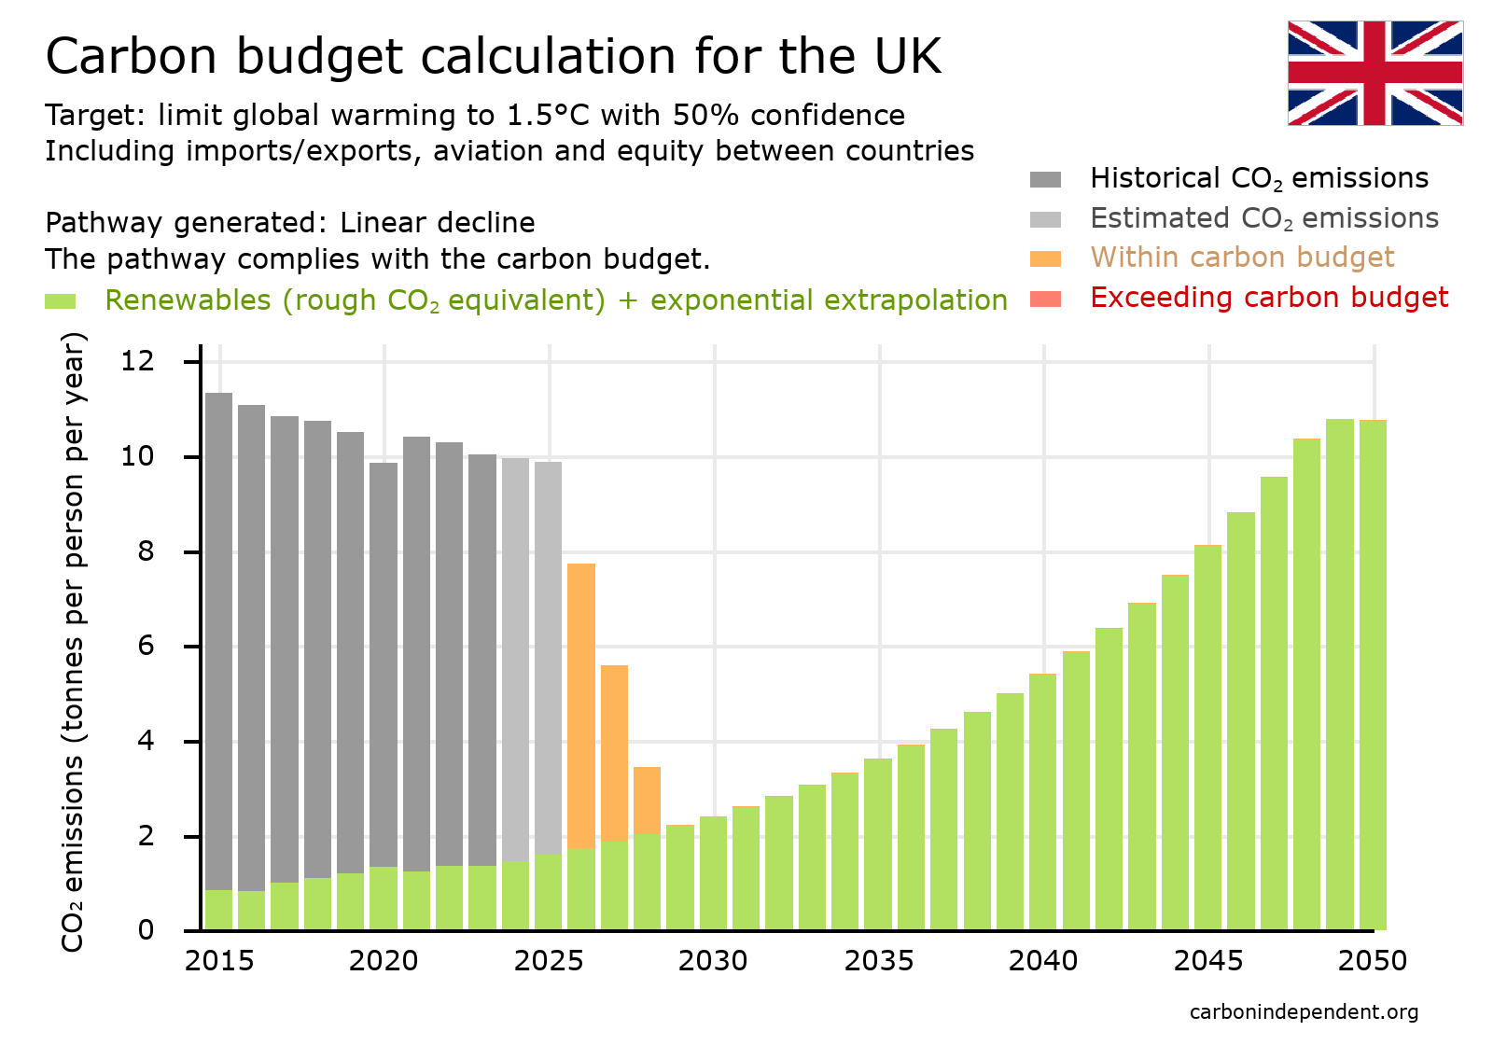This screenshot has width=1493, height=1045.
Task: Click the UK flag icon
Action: pos(1374,73)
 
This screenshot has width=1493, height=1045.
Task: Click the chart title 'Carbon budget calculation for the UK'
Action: pos(493,56)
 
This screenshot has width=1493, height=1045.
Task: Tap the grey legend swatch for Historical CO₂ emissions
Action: pos(1045,179)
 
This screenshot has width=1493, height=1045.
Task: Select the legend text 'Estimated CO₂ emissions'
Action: pos(1263,218)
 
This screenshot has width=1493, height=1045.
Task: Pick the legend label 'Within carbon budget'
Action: pos(1242,258)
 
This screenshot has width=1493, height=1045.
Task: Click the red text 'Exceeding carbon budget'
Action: pos(1268,298)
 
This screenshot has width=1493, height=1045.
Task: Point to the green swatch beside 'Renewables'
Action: pos(60,301)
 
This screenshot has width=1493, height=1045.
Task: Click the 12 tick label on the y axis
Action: pos(137,360)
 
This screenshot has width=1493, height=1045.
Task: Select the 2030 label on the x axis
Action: pos(713,961)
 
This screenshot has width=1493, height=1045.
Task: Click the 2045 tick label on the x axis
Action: pos(1207,961)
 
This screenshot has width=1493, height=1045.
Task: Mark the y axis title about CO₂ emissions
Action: pos(73,642)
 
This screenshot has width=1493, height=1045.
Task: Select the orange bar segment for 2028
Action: pos(647,799)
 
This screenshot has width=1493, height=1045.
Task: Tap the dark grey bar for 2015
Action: pos(218,634)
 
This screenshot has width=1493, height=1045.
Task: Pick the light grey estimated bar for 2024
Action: pos(515,653)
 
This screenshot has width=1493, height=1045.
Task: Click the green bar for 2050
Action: pos(1372,672)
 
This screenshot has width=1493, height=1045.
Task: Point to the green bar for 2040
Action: pos(1042,802)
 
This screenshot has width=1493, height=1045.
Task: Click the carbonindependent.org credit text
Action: pos(1304,1012)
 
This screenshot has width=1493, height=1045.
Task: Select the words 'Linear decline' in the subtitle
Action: pos(437,223)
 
